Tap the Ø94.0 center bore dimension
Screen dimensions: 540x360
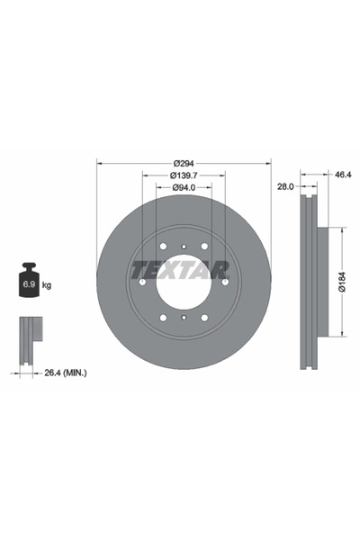tap(184, 187)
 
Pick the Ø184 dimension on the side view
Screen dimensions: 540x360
tap(343, 283)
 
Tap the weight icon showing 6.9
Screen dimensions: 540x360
tap(29, 283)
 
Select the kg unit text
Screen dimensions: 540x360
tap(47, 285)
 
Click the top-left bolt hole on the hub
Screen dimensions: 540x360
tap(163, 247)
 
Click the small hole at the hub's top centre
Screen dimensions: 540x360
tap(184, 246)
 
